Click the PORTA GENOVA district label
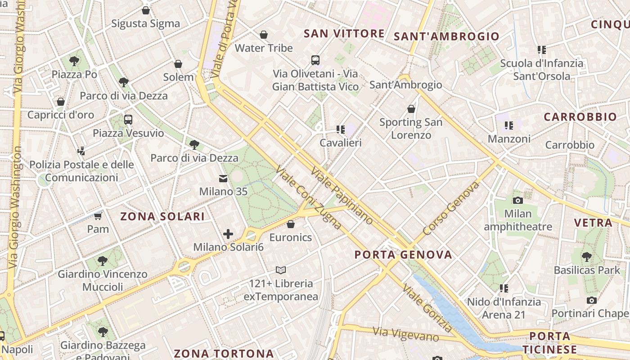click(x=403, y=255)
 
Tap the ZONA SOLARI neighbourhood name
click(x=162, y=216)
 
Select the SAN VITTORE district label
click(x=344, y=34)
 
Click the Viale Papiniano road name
click(x=342, y=196)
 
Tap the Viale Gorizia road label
click(x=427, y=308)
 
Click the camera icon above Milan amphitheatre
click(x=518, y=200)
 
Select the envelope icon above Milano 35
click(x=223, y=179)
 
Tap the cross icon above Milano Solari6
click(x=228, y=234)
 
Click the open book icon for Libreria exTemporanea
click(x=281, y=270)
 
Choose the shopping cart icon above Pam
click(x=98, y=216)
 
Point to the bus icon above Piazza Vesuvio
click(x=128, y=120)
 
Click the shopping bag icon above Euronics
click(x=291, y=224)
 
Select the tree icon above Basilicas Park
click(x=586, y=257)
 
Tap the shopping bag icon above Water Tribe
click(x=264, y=35)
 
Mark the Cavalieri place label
click(x=341, y=143)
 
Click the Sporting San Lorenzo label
click(x=411, y=128)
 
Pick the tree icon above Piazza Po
click(x=74, y=61)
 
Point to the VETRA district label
click(x=593, y=222)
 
